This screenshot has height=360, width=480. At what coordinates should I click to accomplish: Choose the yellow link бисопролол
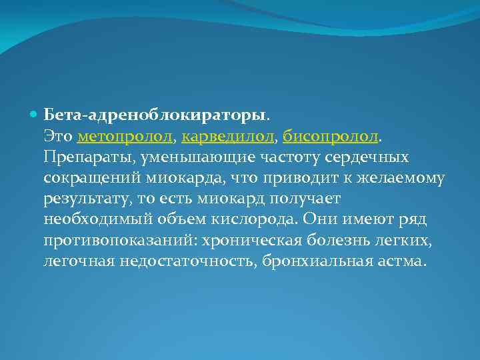[331, 137]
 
